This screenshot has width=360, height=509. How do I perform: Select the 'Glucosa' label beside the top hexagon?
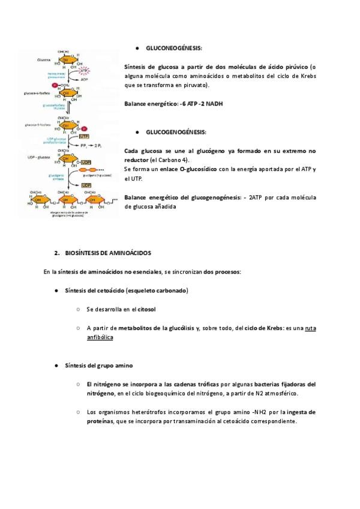coord(43,61)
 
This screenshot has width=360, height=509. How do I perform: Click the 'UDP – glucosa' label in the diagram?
coord(44,157)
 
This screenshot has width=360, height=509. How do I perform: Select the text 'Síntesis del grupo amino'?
coord(98,366)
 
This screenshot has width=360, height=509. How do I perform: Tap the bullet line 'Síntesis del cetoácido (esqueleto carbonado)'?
coord(126,291)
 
